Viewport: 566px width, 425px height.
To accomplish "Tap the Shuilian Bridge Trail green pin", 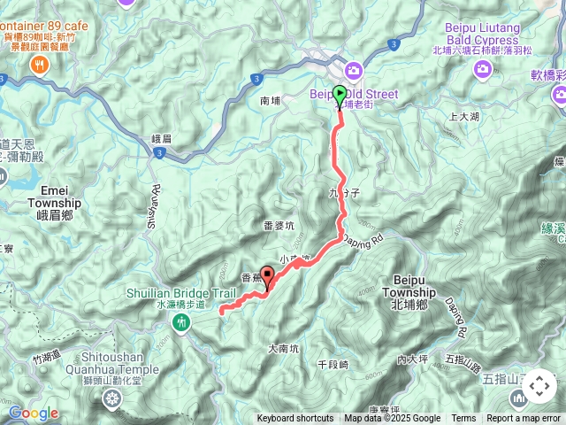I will [181, 324].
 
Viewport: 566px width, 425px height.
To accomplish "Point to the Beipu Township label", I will [410, 298].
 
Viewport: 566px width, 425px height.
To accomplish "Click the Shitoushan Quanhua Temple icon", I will [111, 399].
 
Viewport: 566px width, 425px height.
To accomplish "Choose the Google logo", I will [34, 413].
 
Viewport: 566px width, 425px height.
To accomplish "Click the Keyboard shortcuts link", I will [295, 419].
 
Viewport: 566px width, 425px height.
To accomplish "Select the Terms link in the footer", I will [463, 419].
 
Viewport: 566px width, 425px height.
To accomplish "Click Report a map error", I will [524, 419].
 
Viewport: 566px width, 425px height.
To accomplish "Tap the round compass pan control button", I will [539, 386].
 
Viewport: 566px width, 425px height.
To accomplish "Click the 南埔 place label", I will [271, 103].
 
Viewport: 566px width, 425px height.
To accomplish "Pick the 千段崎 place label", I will [333, 365].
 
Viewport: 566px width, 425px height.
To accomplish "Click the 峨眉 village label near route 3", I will [161, 138].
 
